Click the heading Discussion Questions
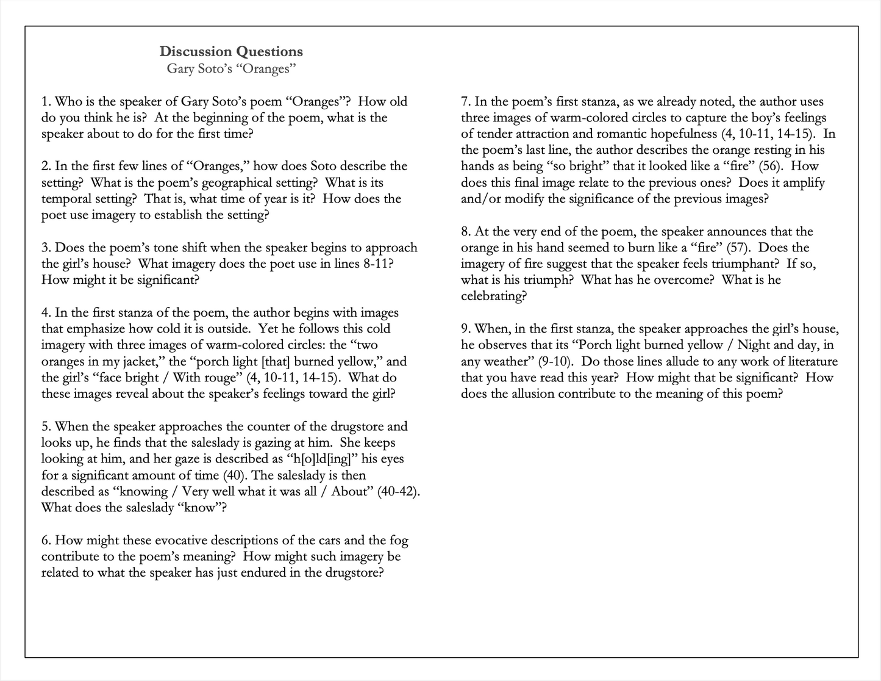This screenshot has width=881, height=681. [231, 52]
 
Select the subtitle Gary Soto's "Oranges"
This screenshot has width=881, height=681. [231, 68]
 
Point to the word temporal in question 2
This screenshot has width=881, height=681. [65, 199]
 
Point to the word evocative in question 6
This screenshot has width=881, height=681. [184, 541]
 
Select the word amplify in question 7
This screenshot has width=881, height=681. [803, 182]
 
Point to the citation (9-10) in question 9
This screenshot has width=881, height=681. [555, 361]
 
